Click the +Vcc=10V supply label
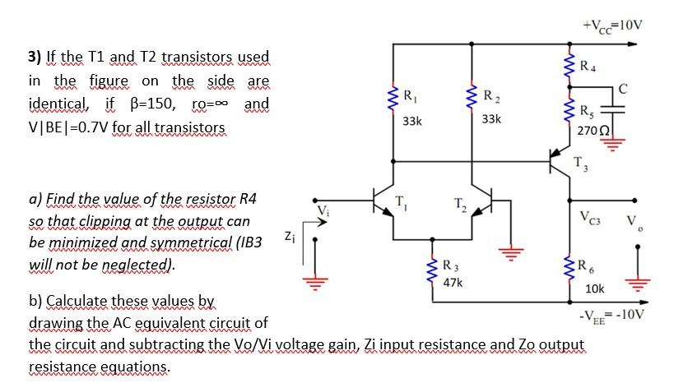[x=612, y=23]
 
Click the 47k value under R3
[x=452, y=282]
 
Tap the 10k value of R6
[x=595, y=289]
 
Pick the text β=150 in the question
[x=151, y=104]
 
